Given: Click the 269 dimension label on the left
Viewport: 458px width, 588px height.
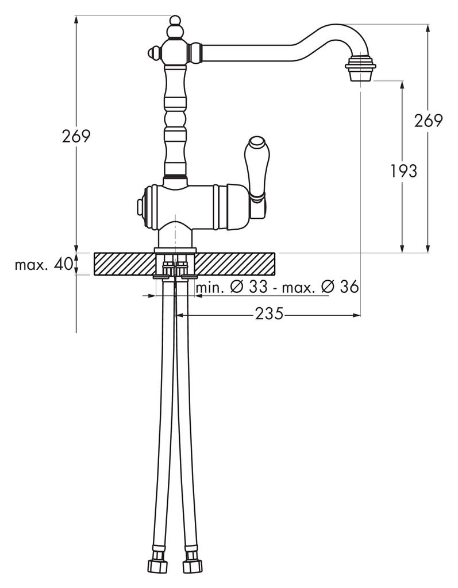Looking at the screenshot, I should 76,136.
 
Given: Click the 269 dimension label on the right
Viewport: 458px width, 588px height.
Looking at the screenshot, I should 429,121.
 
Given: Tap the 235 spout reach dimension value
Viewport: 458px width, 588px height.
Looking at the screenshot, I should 269,314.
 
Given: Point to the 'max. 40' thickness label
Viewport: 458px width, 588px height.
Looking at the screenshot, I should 44,265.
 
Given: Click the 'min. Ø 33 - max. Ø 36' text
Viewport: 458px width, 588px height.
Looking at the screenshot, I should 278,287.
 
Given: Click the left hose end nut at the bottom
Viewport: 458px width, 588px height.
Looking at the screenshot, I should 156,566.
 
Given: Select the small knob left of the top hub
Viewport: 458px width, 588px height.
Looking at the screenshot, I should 153,53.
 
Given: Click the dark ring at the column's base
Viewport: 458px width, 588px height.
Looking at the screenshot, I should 175,179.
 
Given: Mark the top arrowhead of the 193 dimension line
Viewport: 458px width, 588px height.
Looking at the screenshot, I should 402,84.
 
